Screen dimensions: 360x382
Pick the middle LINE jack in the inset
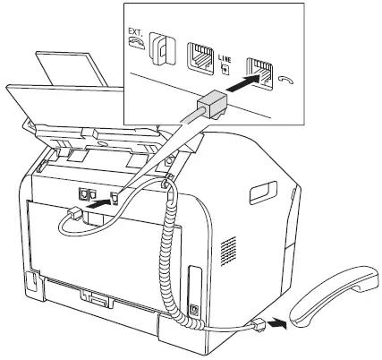point(200,56)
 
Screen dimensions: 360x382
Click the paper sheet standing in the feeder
point(72,66)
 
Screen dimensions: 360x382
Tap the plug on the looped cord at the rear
point(75,210)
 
